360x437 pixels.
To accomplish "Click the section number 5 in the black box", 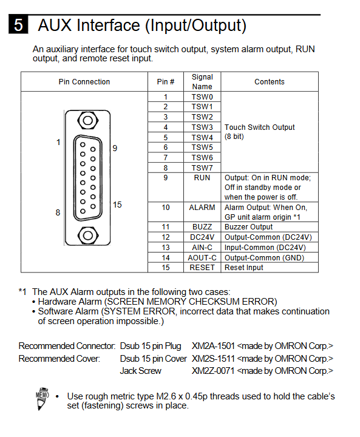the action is tap(18, 24).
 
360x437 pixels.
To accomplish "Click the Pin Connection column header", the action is tap(84, 82).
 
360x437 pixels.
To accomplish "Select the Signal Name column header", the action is tap(202, 82).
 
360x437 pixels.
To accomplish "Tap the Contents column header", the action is tap(270, 82).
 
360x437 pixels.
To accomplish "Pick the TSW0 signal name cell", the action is tap(202, 97).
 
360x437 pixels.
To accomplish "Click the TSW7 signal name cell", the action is tap(202, 168).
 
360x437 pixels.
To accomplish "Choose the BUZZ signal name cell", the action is tap(202, 227).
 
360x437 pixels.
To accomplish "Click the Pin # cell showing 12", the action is tap(166, 237).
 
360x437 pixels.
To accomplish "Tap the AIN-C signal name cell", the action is tap(202, 248).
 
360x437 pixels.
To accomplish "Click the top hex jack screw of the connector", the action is tap(88, 121).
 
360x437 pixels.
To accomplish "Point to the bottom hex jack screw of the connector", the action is tap(88, 235).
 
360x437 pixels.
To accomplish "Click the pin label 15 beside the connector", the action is tap(117, 205).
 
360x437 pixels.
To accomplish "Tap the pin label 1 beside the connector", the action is tap(58, 142).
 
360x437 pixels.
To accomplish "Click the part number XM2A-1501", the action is tap(213, 346).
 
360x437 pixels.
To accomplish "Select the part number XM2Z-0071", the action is tap(213, 371).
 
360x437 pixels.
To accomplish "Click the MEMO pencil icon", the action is tap(42, 399).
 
